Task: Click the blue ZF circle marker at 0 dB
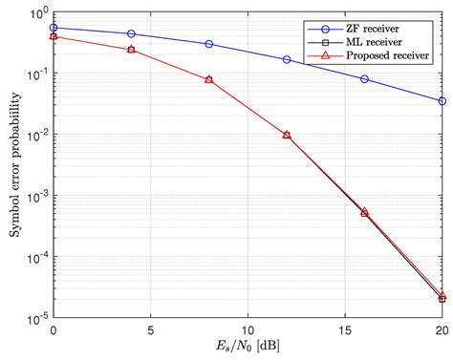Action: (54, 28)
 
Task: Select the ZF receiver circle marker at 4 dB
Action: (131, 33)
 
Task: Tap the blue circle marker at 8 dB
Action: (209, 44)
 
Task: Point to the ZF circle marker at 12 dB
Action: (287, 59)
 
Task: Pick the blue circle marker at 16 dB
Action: (364, 79)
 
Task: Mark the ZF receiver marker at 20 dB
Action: (442, 100)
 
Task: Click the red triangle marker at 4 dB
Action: (131, 49)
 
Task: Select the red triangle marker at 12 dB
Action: (287, 135)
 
